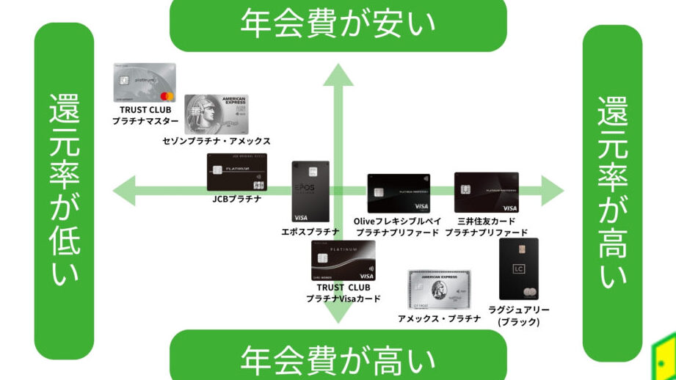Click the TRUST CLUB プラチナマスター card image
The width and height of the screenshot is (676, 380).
145,82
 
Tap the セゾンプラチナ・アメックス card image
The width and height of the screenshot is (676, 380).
217,113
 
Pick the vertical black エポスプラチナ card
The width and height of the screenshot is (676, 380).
310,192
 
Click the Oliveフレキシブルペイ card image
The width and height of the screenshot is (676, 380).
398,194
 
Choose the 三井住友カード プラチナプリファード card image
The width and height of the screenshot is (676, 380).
486,192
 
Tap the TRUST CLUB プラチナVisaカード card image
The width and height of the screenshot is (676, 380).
344,260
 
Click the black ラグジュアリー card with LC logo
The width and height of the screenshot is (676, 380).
518,269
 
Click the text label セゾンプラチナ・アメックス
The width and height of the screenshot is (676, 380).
217,141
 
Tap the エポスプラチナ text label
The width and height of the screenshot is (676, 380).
310,233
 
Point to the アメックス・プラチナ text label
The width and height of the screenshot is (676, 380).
439,318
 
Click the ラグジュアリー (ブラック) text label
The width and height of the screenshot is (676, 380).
518,315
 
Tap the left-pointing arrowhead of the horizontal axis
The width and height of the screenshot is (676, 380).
123,192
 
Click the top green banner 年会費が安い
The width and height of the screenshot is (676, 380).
338,22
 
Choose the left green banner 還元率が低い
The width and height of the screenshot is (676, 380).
64,191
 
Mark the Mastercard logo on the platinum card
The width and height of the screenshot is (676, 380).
166,96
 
